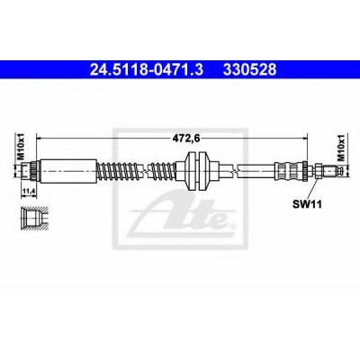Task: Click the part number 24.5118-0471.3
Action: [147, 69]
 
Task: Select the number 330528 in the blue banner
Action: [249, 69]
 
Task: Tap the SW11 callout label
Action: [307, 204]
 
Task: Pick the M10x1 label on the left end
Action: [21, 147]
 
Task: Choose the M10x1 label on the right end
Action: [340, 148]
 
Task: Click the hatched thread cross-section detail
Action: [33, 218]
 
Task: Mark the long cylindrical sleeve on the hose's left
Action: [68, 171]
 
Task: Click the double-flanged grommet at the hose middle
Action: [198, 171]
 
